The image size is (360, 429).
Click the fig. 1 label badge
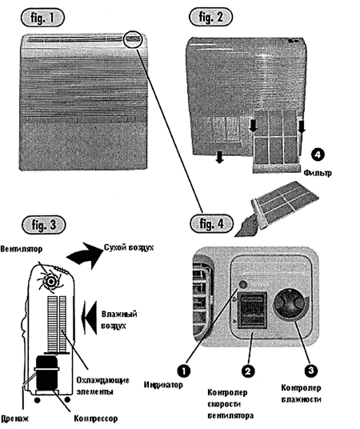click(42, 18)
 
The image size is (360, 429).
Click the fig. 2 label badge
click(211, 17)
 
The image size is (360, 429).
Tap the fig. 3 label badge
click(44, 225)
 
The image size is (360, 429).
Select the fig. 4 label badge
click(211, 223)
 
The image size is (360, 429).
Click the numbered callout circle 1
click(183, 371)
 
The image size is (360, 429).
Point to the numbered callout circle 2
click(248, 371)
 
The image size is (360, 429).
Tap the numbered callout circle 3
click(311, 371)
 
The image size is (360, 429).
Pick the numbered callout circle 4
click(318, 154)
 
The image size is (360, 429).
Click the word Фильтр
click(318, 173)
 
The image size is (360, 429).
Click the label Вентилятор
click(22, 249)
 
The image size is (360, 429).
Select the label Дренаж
click(15, 419)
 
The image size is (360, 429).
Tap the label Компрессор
click(96, 419)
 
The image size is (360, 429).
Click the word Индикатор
click(163, 385)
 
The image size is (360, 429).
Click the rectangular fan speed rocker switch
click(253, 310)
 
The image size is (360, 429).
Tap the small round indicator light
click(242, 284)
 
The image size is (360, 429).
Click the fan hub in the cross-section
click(51, 282)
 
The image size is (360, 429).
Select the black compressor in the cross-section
click(46, 373)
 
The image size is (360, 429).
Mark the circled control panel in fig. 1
click(133, 39)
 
